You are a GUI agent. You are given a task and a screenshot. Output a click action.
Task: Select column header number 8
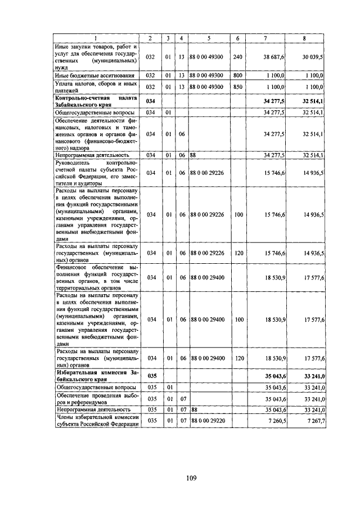point(304,38)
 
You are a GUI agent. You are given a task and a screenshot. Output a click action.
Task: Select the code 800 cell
point(237,75)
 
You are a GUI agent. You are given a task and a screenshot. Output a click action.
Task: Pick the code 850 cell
point(237,87)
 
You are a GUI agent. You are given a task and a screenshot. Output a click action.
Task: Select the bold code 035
point(150,375)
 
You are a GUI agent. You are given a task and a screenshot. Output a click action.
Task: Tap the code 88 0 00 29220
point(208,420)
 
